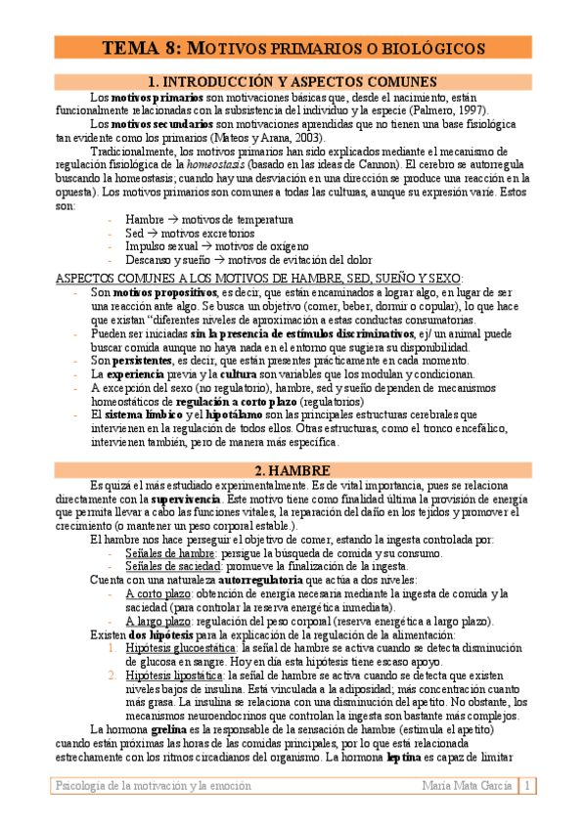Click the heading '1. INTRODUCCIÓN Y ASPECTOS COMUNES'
click(x=293, y=82)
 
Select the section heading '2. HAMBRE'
click(x=293, y=468)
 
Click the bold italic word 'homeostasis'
click(x=234, y=165)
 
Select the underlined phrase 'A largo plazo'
click(x=158, y=621)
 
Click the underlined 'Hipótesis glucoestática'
click(x=181, y=647)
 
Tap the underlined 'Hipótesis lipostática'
click(x=175, y=675)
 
